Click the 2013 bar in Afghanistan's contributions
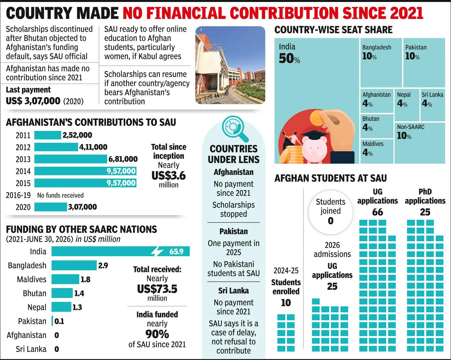click(71, 159)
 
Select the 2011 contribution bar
click(48, 135)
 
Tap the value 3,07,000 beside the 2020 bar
click(82, 207)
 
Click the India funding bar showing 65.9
click(121, 251)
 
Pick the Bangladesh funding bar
click(74, 265)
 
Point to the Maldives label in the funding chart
click(32, 279)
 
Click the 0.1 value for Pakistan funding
click(59, 321)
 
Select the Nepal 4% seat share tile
click(407, 105)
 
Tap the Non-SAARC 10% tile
click(419, 143)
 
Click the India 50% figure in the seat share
click(289, 58)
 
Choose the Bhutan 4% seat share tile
click(377, 126)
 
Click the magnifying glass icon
click(235, 128)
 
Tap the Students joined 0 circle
click(330, 212)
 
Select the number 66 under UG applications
click(377, 212)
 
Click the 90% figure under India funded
click(157, 334)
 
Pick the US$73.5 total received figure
click(157, 289)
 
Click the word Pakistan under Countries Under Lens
click(233, 231)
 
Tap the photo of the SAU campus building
click(230, 65)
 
